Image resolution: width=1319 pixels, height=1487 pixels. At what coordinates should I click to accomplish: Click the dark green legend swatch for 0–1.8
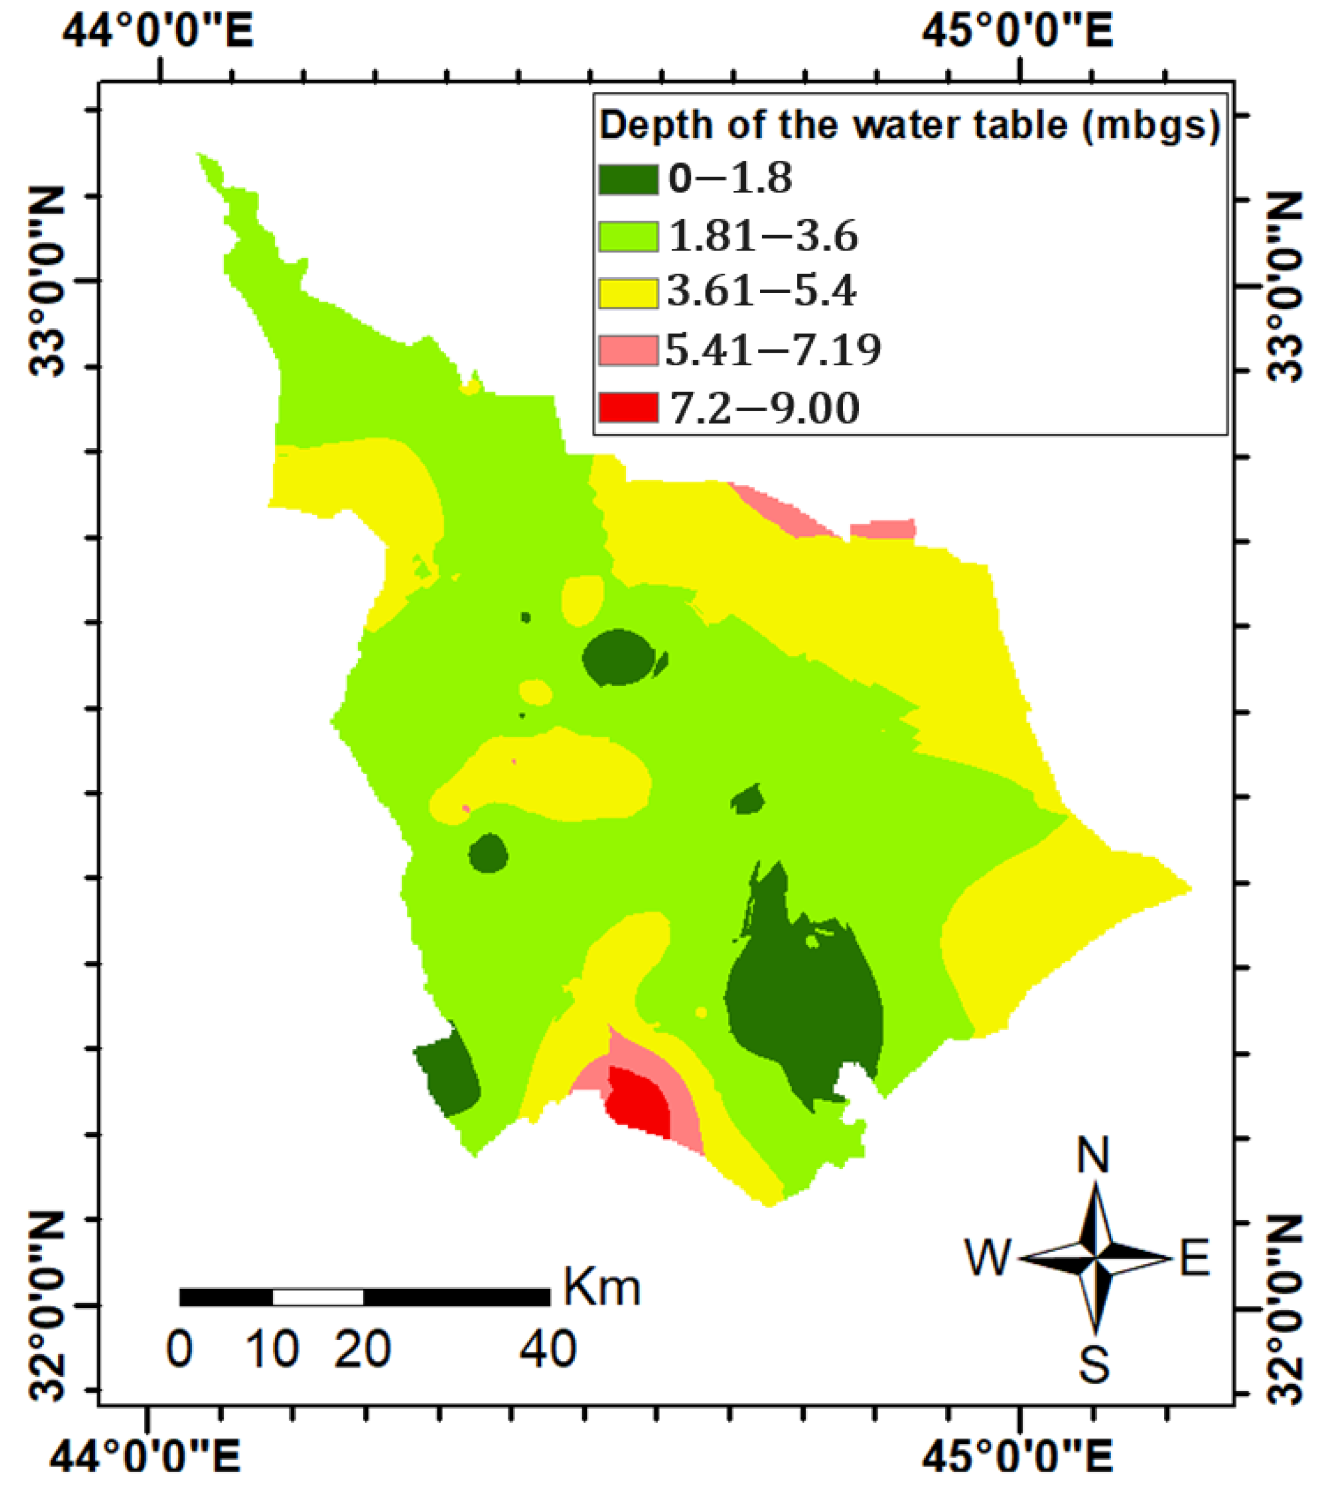[628, 179]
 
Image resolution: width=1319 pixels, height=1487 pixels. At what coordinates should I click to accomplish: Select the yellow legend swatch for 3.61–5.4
[628, 293]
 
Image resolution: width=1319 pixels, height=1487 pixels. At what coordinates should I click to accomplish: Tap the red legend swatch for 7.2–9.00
[628, 407]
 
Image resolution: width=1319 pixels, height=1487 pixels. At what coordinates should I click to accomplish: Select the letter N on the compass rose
[1093, 1155]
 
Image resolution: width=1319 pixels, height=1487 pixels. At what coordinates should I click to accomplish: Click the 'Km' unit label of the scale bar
[602, 1288]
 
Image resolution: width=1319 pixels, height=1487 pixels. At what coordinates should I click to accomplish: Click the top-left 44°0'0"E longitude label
[158, 33]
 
